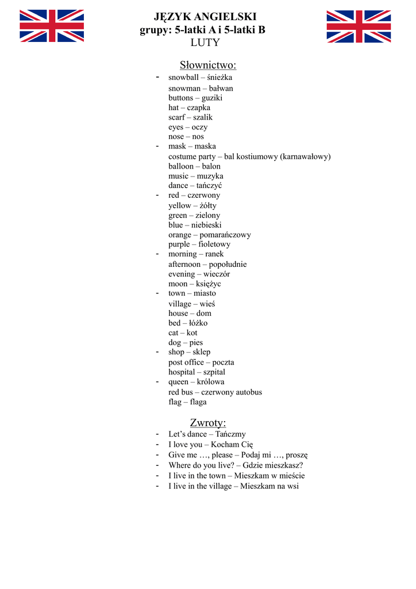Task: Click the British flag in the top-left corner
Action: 52,26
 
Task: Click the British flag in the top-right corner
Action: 359,26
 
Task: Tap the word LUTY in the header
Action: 205,43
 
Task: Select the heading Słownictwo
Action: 208,64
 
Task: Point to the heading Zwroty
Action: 208,423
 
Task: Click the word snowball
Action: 183,77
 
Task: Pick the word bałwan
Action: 221,88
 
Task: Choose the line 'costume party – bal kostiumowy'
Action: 249,156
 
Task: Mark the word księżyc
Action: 207,284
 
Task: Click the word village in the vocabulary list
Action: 180,304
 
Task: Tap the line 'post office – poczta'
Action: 201,362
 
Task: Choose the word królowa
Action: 210,382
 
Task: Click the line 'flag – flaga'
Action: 187,402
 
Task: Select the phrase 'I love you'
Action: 185,445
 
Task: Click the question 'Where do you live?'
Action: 202,465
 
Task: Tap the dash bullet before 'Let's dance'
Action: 157,434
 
